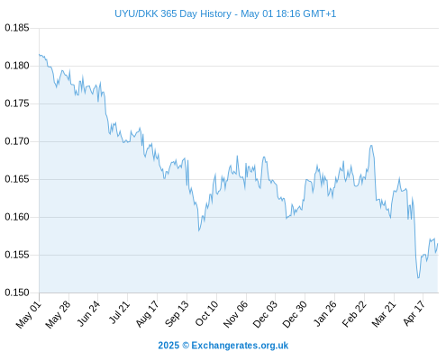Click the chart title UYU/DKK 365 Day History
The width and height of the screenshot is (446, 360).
pyautogui.click(x=173, y=13)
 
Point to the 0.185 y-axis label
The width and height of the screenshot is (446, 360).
pyautogui.click(x=17, y=28)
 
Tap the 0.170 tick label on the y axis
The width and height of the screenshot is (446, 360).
pyautogui.click(x=17, y=141)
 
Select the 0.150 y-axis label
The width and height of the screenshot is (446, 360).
pyautogui.click(x=17, y=292)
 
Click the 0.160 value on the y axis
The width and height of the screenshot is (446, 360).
pyautogui.click(x=17, y=217)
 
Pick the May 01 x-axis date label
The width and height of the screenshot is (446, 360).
pyautogui.click(x=29, y=314)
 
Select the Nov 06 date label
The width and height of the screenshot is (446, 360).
pyautogui.click(x=236, y=314)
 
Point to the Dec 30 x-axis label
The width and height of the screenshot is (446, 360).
pyautogui.click(x=295, y=314)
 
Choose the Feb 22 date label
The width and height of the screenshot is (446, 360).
pyautogui.click(x=354, y=314)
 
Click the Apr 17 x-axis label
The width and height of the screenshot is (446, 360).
pyautogui.click(x=414, y=313)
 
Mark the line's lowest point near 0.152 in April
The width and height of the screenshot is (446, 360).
pyautogui.click(x=418, y=278)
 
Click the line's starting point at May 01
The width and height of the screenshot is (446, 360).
pyautogui.click(x=39, y=54)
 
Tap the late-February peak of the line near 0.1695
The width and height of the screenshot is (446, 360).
pyautogui.click(x=371, y=146)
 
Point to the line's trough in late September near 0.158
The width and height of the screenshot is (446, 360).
pyautogui.click(x=198, y=230)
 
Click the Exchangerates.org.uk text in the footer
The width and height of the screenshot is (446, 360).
pyautogui.click(x=240, y=346)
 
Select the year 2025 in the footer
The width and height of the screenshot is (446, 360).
pyautogui.click(x=168, y=346)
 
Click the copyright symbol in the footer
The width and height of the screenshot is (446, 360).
pyautogui.click(x=186, y=346)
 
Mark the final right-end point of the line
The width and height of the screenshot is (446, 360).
pyautogui.click(x=438, y=244)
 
